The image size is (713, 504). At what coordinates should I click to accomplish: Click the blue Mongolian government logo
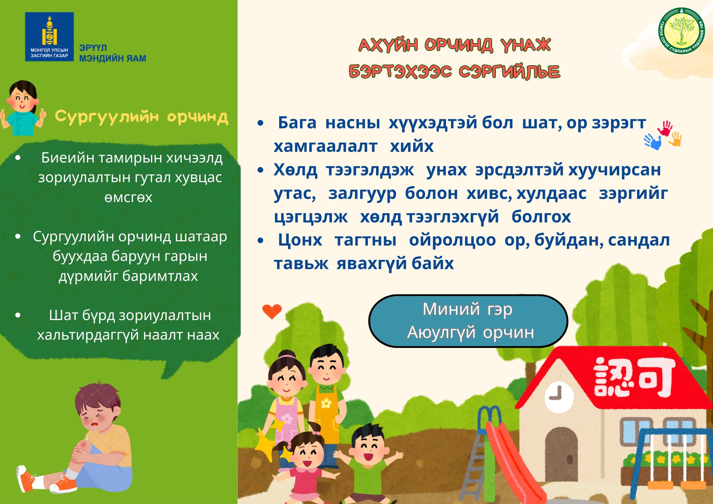49,37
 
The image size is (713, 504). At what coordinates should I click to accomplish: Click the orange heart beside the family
272,312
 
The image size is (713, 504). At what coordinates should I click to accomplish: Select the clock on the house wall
559,396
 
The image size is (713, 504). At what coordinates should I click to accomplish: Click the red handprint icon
665,129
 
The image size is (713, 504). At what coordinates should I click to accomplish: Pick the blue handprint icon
653,142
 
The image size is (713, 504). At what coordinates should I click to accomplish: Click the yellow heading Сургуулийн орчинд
142,117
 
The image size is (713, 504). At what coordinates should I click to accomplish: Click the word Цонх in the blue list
300,240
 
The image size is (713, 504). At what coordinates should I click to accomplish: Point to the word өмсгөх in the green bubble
128,197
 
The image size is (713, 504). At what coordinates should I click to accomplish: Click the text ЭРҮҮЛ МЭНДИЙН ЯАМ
113,53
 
